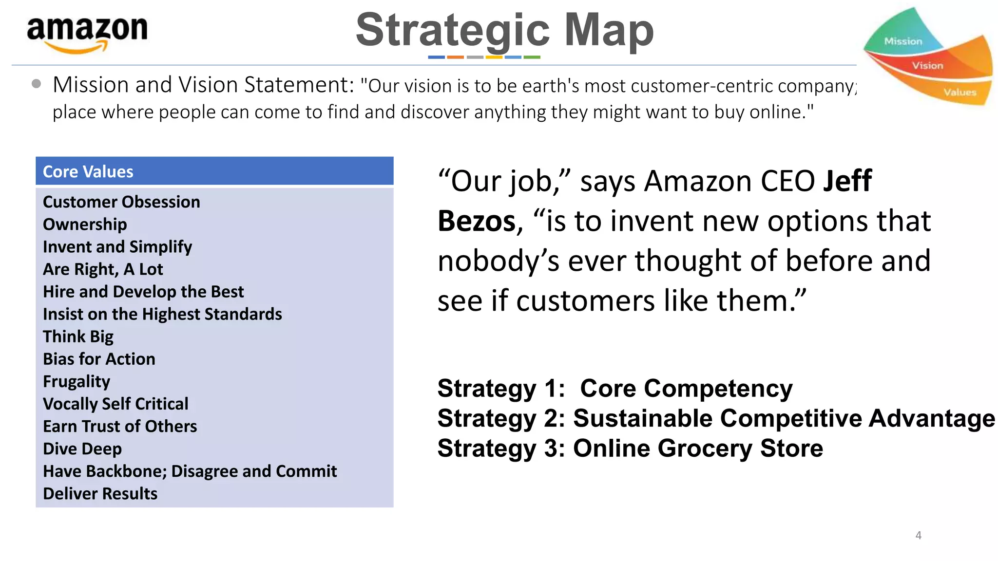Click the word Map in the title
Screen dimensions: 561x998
609,30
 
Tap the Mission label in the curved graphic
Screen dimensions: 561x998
903,41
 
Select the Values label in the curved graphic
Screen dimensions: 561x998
960,92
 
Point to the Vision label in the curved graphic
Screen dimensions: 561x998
927,65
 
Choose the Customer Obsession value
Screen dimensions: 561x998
121,202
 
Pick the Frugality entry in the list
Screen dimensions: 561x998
77,381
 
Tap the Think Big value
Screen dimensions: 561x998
78,337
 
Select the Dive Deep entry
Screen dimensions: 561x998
82,449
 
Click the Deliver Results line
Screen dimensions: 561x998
100,493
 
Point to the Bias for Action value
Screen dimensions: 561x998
99,359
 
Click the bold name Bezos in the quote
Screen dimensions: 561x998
477,221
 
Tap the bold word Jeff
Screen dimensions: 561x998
847,181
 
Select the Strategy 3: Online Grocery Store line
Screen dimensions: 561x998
630,448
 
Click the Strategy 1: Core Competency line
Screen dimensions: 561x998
615,389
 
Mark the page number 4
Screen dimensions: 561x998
918,535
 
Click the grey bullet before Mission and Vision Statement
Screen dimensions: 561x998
36,84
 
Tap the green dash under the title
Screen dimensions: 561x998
532,57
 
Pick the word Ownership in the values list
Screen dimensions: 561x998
85,224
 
